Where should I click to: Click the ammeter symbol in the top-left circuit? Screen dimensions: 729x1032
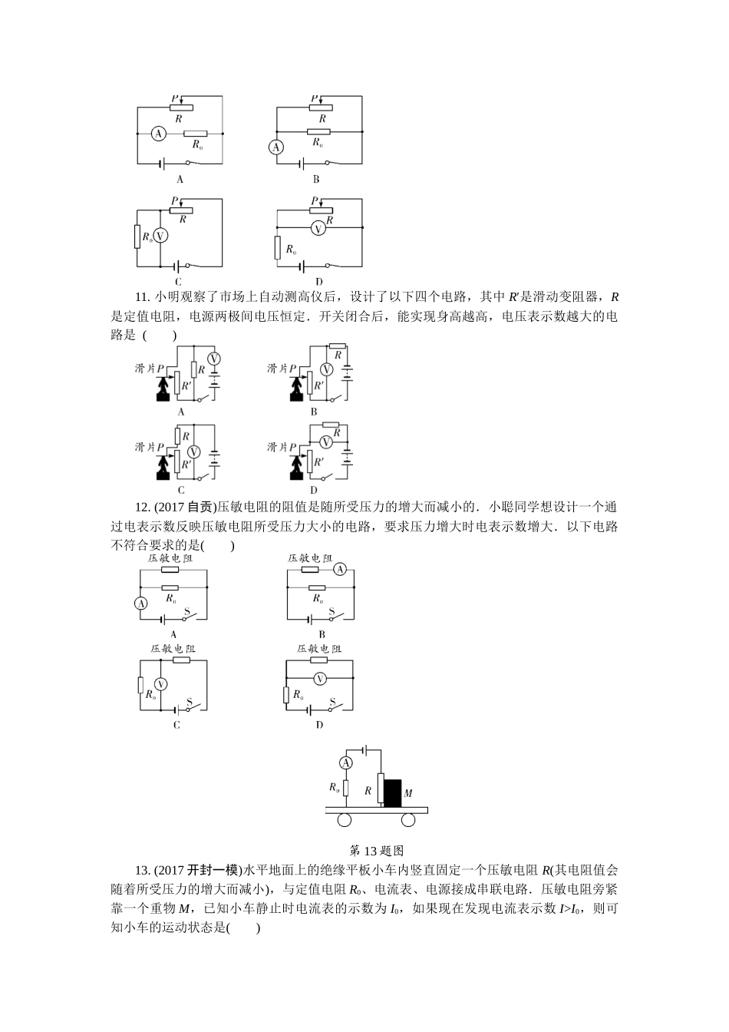(x=158, y=134)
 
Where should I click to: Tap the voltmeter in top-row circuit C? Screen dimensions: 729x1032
(x=160, y=237)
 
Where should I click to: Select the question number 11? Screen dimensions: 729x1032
(x=141, y=297)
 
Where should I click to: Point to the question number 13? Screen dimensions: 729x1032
(x=141, y=870)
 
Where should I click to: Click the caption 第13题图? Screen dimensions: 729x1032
(x=376, y=850)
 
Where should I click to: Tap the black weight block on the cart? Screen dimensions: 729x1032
(x=392, y=792)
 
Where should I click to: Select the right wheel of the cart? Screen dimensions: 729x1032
(x=407, y=821)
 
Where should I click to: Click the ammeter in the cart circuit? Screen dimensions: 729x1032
(x=345, y=762)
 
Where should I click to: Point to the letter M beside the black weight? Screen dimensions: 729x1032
(x=408, y=793)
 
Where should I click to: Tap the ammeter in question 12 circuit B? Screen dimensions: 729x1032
(x=340, y=569)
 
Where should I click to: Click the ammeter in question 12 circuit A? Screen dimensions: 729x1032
(x=141, y=604)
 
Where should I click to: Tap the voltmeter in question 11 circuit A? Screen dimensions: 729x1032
(x=216, y=358)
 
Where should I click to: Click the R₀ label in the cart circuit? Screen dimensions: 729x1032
(x=334, y=786)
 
